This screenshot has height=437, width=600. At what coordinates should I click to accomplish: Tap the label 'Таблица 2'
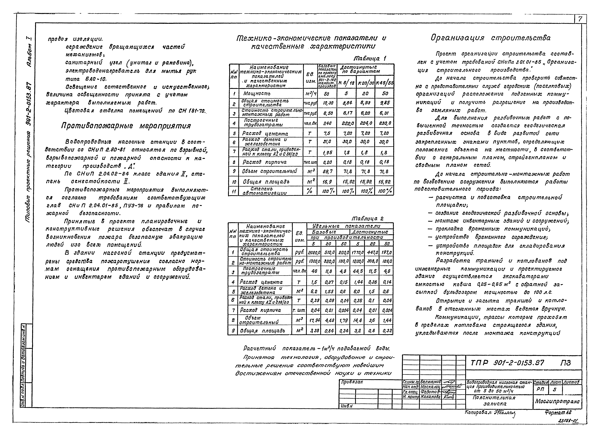368,219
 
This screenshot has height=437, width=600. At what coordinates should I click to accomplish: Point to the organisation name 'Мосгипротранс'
557,401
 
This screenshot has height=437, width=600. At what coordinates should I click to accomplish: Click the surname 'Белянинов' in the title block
430,382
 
